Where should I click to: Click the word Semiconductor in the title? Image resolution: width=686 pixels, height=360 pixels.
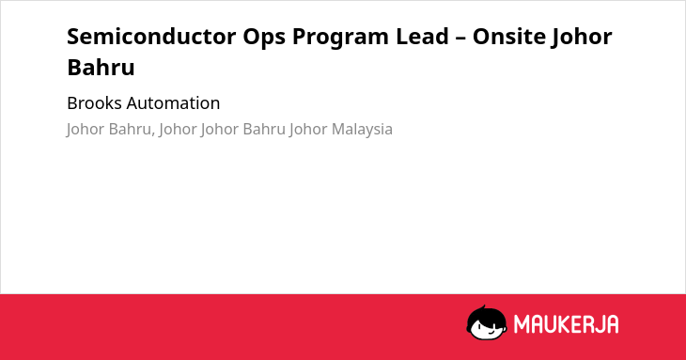click(151, 37)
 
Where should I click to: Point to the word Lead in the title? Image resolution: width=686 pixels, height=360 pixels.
click(423, 37)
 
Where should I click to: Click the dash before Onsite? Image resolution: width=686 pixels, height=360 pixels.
click(460, 38)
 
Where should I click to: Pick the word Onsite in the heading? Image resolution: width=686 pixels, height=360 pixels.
click(508, 37)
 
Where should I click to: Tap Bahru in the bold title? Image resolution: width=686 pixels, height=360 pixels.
click(101, 67)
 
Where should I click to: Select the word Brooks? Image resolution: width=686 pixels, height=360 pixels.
click(95, 103)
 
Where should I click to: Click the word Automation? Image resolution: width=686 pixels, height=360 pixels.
click(173, 103)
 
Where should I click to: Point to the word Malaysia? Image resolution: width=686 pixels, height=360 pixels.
click(362, 130)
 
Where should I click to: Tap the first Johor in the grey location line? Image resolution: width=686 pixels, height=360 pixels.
click(86, 130)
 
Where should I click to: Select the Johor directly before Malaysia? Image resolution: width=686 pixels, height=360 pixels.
click(308, 130)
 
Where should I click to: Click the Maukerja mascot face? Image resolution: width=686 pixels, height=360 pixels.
click(487, 323)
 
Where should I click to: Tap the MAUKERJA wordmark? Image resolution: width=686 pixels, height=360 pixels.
click(566, 324)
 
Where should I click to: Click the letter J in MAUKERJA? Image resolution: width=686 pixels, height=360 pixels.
click(598, 324)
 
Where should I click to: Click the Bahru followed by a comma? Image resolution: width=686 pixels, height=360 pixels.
click(130, 130)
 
